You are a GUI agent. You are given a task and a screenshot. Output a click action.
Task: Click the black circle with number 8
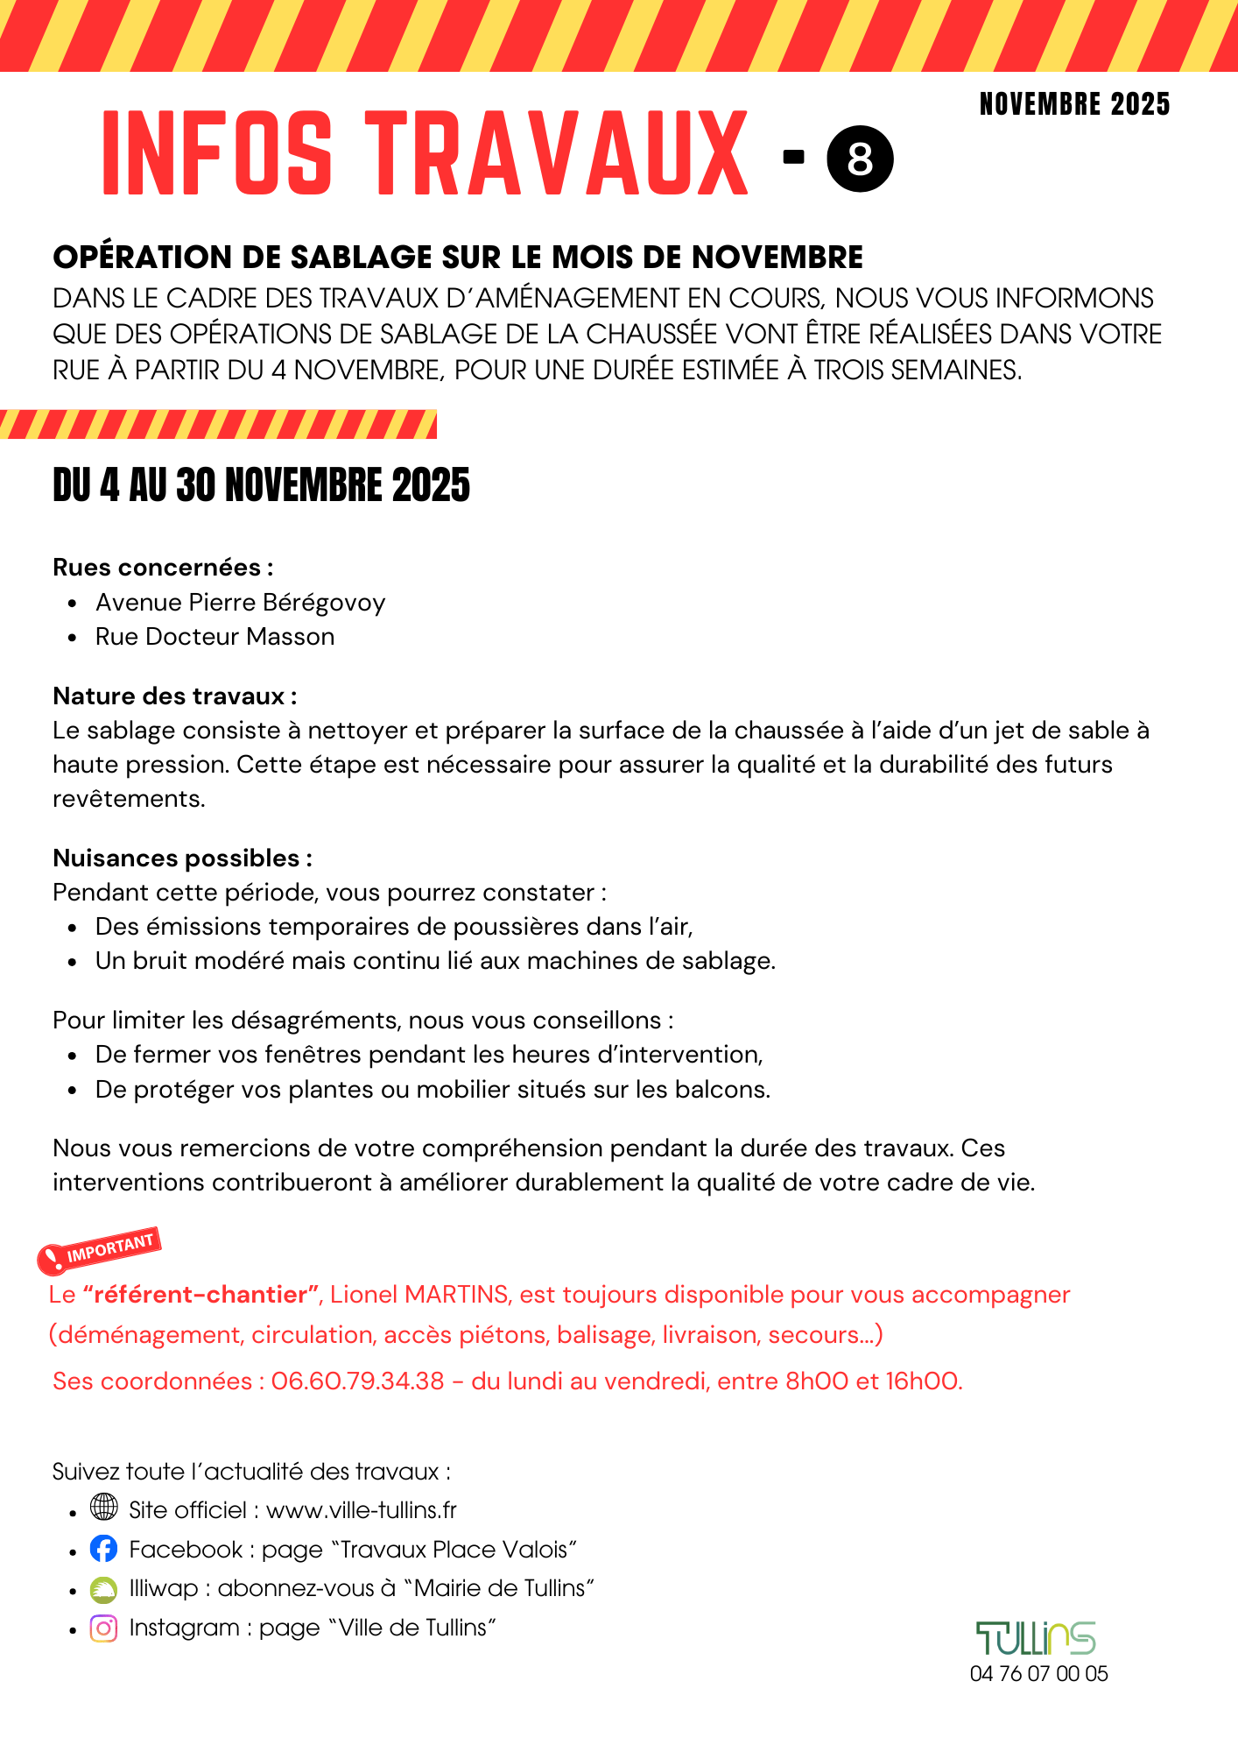pos(860,159)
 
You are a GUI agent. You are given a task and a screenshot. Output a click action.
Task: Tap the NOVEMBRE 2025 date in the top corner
pos(1074,104)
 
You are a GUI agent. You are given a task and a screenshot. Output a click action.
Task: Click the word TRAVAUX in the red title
pos(557,154)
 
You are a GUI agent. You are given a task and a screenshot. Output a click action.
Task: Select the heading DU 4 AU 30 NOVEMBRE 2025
pos(261,485)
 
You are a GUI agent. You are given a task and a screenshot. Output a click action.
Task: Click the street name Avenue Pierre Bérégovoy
pos(240,603)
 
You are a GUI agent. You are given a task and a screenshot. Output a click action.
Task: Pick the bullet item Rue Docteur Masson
pos(215,637)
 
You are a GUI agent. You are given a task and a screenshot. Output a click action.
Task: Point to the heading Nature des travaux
pos(174,696)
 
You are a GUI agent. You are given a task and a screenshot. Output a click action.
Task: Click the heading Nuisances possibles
pos(182,858)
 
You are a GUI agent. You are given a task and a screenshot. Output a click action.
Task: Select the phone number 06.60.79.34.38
pos(357,1381)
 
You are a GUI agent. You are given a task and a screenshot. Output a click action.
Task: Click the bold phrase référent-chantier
pos(200,1295)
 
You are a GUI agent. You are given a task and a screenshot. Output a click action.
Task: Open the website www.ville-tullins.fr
pos(361,1510)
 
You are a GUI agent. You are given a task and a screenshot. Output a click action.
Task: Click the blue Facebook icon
pos(103,1549)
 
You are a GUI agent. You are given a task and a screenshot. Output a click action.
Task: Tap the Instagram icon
pos(103,1628)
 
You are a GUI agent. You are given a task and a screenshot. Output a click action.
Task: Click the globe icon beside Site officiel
pos(103,1508)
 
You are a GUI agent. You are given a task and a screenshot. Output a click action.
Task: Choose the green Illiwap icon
pos(103,1589)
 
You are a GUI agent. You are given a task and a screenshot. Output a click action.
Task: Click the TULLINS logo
pos(1036,1638)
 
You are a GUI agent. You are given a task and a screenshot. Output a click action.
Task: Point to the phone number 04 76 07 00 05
pos(1038,1674)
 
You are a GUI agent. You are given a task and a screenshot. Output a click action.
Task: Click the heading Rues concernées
pos(163,568)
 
